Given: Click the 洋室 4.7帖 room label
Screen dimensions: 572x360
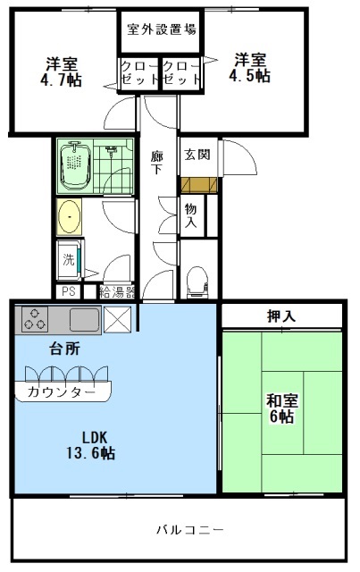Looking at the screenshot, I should tap(62, 71).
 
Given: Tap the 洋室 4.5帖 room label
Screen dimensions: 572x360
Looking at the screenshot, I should tap(251, 68).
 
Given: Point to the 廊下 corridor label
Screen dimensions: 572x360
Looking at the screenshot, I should tap(156, 163).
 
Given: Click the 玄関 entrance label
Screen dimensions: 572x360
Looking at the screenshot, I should tap(197, 155).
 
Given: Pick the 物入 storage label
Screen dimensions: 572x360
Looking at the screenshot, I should tap(191, 215).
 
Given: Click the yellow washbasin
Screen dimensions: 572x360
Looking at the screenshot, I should tap(68, 216).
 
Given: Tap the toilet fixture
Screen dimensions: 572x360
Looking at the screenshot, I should tap(196, 281).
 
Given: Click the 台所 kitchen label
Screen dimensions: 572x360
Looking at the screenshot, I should tap(41, 348).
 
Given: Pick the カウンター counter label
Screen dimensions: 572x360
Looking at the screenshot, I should tap(62, 392).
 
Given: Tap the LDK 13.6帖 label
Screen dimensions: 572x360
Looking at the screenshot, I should tap(94, 445).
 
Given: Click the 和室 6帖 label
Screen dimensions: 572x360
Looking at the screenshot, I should tap(280, 408).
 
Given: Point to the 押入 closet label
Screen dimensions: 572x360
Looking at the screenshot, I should tap(281, 315).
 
